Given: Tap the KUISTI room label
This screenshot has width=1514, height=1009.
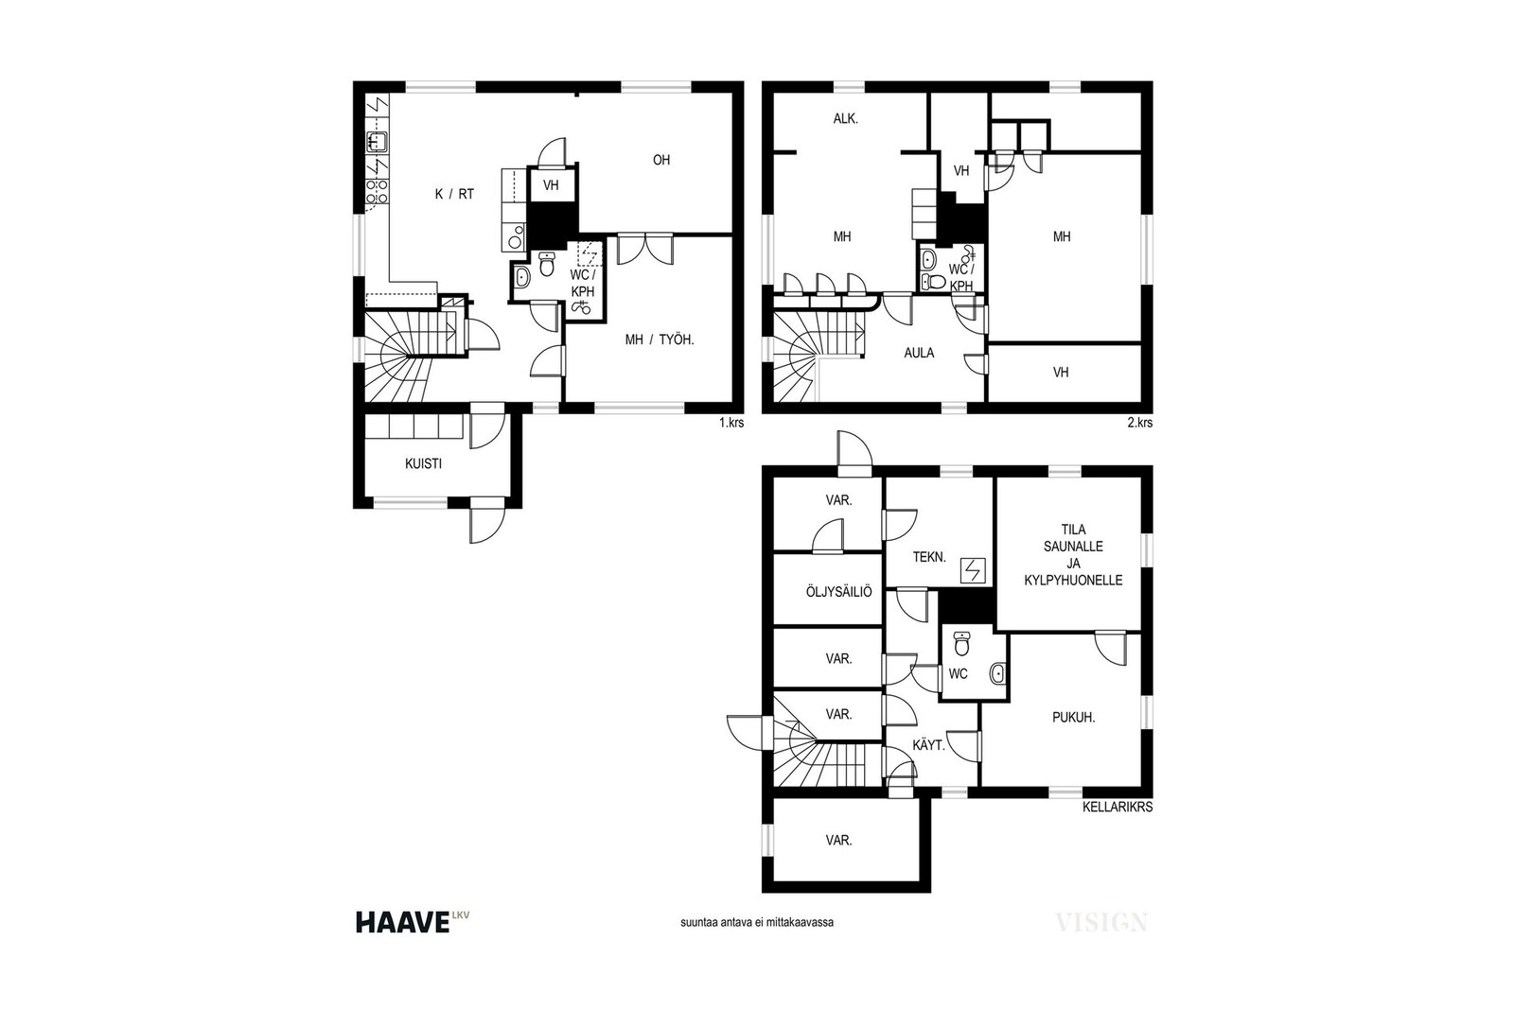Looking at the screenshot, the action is point(423,464).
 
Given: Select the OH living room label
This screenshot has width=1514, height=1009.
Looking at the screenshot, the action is point(661,160).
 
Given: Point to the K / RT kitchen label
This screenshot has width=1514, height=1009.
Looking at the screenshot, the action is point(454,195).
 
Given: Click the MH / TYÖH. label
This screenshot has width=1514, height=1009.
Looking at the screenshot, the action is point(660,340).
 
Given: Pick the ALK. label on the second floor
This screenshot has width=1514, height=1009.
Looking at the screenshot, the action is point(846,119).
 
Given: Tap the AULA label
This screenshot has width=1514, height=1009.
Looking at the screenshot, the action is point(919,353).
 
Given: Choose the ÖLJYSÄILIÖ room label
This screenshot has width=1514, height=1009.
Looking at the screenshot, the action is point(838,592).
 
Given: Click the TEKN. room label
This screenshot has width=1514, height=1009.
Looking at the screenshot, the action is point(929,557).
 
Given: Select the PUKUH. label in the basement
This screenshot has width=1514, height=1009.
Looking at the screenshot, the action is point(1073,718).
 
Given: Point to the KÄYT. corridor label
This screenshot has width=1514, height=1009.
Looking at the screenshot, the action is point(928,745).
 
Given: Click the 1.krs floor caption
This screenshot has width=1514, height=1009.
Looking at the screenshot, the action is point(731,423).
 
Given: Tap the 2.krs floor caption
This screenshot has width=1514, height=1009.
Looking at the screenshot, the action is point(1140,423).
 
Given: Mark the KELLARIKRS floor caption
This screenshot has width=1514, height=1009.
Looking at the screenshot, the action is point(1118,807).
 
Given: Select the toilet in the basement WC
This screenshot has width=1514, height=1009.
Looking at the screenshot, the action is point(961,644).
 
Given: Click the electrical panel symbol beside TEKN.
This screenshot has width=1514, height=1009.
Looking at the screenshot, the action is point(974,571).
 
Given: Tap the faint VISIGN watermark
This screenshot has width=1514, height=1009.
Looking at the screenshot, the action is point(1101,923).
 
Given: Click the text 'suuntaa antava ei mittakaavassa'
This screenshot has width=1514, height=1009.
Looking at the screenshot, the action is point(757,923).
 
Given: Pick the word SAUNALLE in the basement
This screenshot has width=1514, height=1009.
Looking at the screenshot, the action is point(1073,547).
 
